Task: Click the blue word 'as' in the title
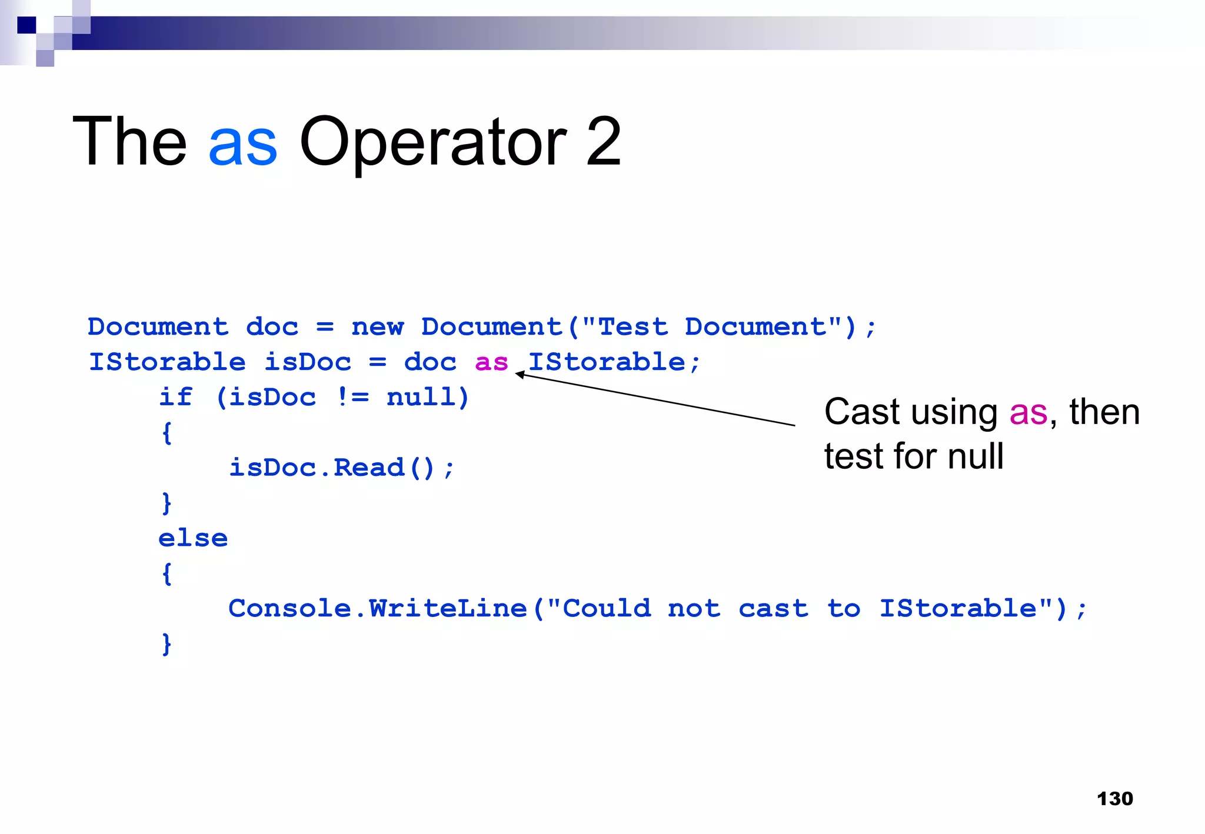(242, 143)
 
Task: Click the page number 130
(1114, 798)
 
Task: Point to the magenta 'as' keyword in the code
(491, 362)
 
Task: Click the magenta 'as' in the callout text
(1028, 412)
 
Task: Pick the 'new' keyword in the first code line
(377, 327)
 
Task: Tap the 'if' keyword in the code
(175, 397)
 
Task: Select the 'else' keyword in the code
(193, 538)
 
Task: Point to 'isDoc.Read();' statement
(341, 468)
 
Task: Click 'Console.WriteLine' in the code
(377, 608)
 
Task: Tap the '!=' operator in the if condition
(353, 397)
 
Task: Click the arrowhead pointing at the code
(520, 374)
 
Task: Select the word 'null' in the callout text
(975, 456)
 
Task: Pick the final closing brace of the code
(167, 643)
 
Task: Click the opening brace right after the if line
(167, 433)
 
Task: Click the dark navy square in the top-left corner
(26, 25)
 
